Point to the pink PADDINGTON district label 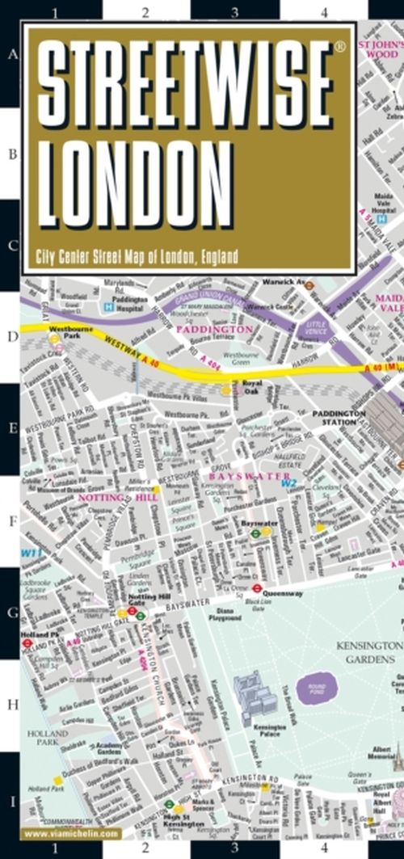tap(214, 330)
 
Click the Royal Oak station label tap(252, 386)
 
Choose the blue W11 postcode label tap(31, 553)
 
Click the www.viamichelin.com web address tap(72, 833)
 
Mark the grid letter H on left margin tap(11, 705)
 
